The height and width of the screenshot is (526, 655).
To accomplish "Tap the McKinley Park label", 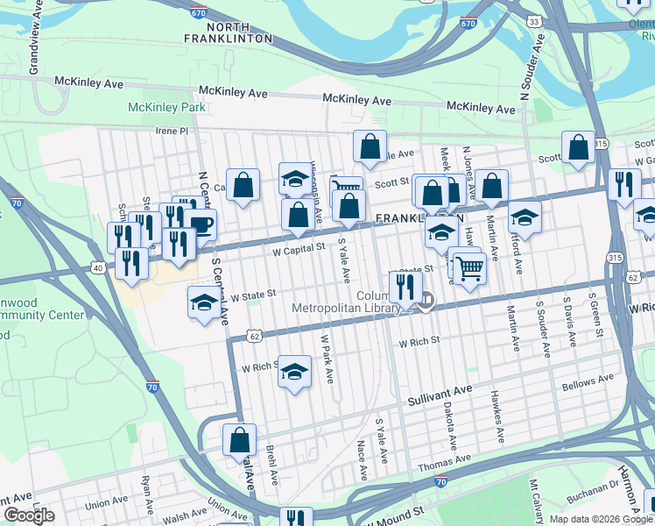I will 166,107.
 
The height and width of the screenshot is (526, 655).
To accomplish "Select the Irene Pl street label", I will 173,131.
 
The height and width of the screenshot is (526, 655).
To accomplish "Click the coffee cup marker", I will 200,224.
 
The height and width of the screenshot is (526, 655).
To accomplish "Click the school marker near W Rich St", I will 295,372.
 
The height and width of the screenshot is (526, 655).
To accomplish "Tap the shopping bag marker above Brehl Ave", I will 239,440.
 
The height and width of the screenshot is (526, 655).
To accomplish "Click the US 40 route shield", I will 96,267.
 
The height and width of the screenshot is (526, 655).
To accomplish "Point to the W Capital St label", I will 298,249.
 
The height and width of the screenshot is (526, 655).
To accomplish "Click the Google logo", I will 30,515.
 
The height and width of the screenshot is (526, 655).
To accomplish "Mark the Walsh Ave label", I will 184,517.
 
